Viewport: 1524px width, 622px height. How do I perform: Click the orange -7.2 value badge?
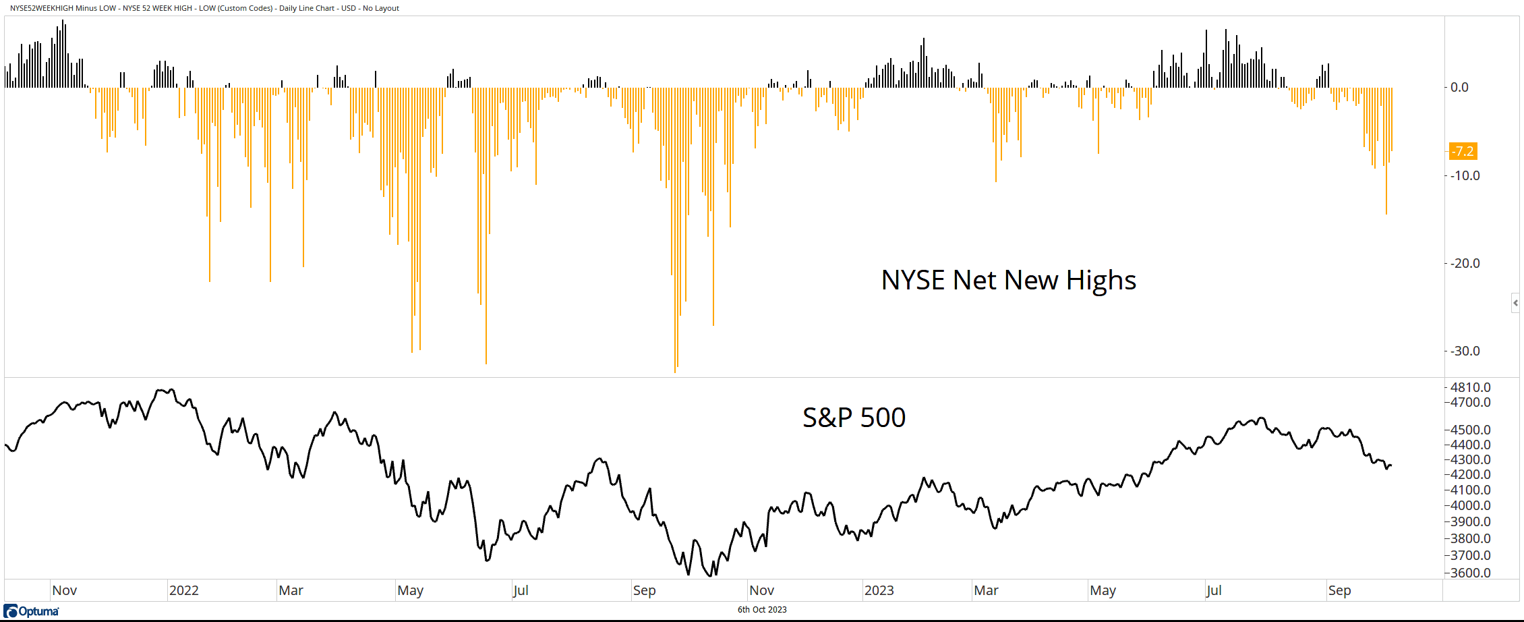tap(1463, 151)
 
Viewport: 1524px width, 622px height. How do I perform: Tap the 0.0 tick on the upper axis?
tap(1459, 87)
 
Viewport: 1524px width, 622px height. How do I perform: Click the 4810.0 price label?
tap(1470, 387)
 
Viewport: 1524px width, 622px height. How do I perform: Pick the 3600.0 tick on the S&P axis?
tap(1470, 573)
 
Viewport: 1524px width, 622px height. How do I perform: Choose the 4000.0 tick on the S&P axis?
tap(1470, 505)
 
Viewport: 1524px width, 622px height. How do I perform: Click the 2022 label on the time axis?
tap(183, 590)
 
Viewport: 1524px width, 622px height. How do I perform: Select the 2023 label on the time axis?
tap(879, 590)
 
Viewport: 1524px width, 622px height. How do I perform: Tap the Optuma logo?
tap(31, 611)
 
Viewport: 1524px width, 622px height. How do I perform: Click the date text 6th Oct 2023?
tap(762, 610)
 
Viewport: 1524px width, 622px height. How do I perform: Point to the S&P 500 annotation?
tap(854, 418)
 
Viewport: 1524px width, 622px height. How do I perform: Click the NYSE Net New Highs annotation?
tap(1008, 280)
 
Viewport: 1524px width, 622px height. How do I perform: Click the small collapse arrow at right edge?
tap(1515, 303)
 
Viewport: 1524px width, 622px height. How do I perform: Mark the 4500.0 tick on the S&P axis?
tap(1470, 430)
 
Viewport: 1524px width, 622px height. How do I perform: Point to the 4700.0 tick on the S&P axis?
tap(1470, 402)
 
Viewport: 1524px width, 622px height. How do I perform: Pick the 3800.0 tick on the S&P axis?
tap(1470, 538)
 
